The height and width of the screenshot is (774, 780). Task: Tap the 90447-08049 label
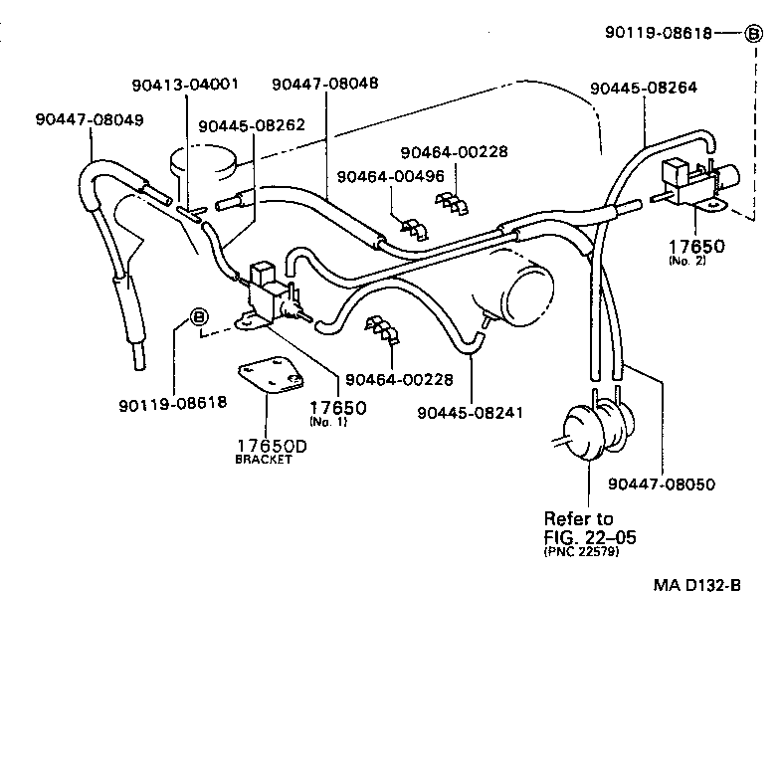click(x=90, y=119)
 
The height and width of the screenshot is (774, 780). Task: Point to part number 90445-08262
click(x=251, y=126)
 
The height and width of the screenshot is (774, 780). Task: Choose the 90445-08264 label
click(x=644, y=88)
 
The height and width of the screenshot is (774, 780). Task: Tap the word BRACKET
click(x=264, y=460)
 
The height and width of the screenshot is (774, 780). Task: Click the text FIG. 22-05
click(x=590, y=537)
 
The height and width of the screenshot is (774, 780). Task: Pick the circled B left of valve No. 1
click(x=198, y=318)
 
